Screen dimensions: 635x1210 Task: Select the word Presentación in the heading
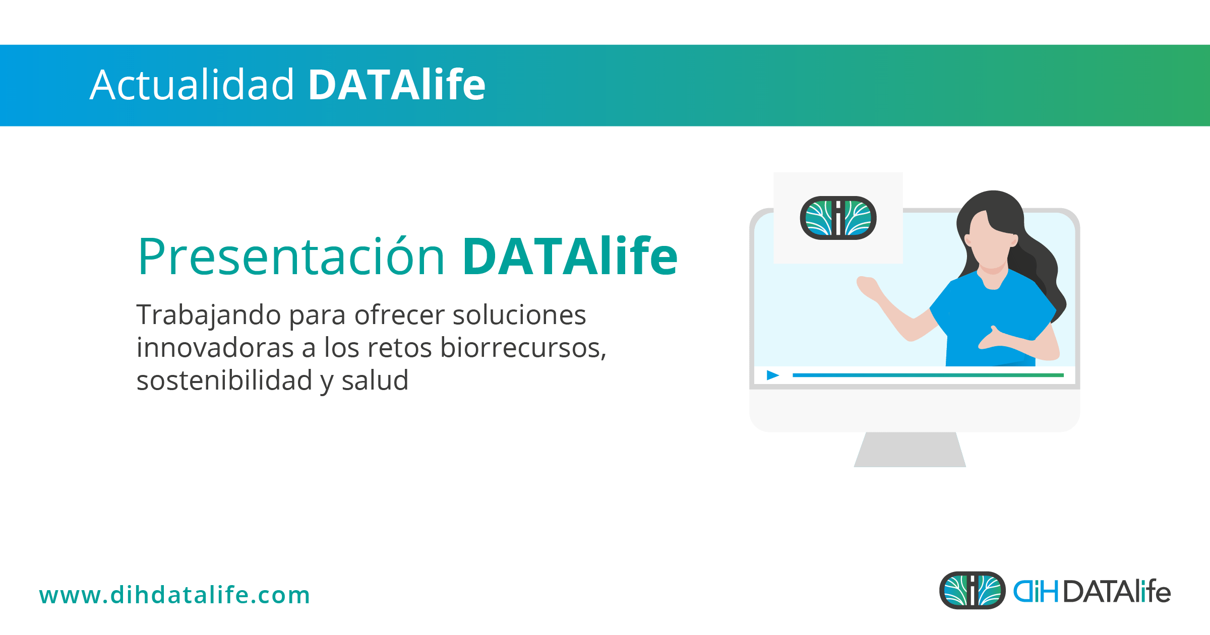click(x=291, y=257)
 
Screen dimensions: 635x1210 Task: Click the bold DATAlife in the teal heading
click(x=570, y=257)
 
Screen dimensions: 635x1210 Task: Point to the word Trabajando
click(x=209, y=315)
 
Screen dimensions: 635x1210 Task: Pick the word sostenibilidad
click(x=224, y=380)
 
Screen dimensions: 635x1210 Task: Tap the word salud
click(x=375, y=380)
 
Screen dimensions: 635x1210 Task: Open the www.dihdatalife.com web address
click(x=174, y=595)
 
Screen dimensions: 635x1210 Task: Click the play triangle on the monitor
click(x=772, y=375)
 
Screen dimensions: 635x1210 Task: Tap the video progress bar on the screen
click(x=928, y=375)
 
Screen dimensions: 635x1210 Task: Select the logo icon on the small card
click(x=838, y=218)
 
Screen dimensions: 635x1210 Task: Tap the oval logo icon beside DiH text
click(x=972, y=590)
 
